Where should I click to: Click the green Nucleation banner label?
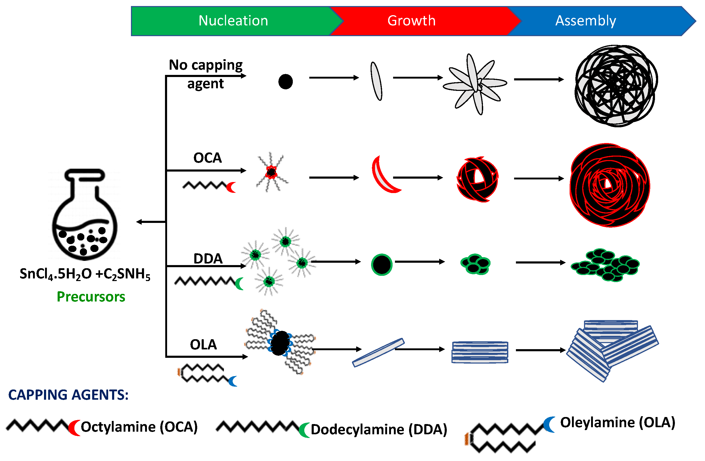(233, 21)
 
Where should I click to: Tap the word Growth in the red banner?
(411, 21)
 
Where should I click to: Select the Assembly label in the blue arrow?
(586, 21)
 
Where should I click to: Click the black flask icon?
(85, 215)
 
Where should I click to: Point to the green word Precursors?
(91, 297)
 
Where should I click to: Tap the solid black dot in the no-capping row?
(285, 82)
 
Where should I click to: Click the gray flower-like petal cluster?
(475, 84)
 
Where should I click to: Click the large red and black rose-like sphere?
(610, 185)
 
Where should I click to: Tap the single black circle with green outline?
(382, 265)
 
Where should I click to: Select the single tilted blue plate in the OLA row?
(378, 353)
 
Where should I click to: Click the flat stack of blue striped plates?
(480, 352)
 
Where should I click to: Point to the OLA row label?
(203, 344)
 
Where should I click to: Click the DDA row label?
(208, 259)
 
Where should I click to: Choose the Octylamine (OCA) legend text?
(139, 427)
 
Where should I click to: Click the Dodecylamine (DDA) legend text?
(379, 430)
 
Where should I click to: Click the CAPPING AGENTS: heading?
(68, 395)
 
